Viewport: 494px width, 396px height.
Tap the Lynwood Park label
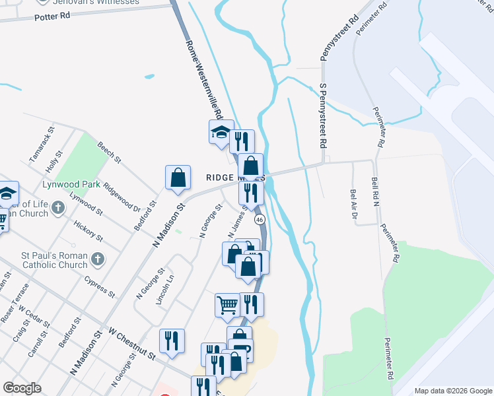(x=72, y=184)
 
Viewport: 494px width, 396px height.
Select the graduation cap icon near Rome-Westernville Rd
(x=221, y=133)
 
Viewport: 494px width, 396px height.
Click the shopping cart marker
(x=227, y=305)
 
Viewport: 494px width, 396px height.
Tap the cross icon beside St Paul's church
(x=98, y=259)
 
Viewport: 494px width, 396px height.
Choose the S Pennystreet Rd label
(x=323, y=115)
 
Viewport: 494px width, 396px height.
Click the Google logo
(x=22, y=388)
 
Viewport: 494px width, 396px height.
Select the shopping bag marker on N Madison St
(x=178, y=178)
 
